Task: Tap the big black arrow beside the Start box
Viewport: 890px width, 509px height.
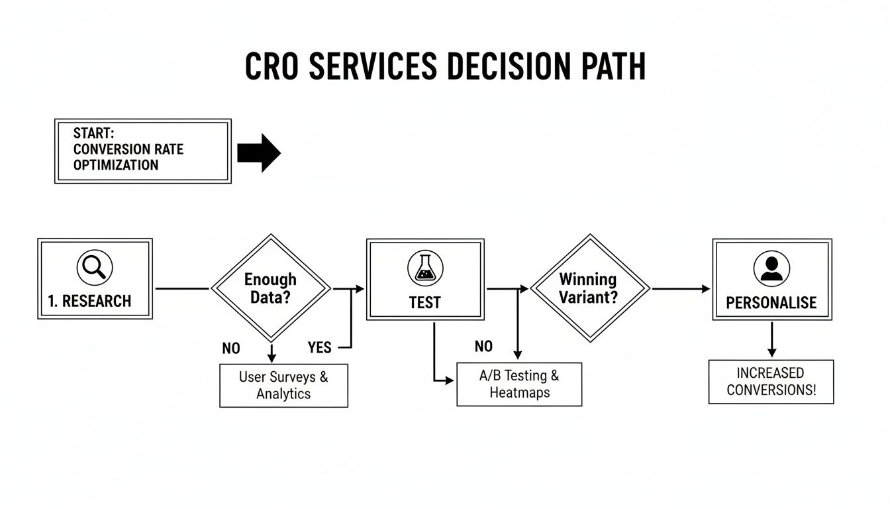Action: point(259,152)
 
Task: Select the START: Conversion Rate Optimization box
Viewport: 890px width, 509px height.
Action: point(142,150)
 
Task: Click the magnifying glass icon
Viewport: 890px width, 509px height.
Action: point(95,268)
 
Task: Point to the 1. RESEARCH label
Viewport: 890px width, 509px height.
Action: point(89,301)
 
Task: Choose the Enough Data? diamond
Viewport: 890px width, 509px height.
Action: point(270,288)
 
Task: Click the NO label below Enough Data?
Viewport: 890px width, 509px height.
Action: point(231,348)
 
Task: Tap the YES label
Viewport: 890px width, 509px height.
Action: point(319,347)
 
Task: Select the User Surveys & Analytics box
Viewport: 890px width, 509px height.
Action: point(283,385)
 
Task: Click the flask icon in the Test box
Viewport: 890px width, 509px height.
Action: point(424,268)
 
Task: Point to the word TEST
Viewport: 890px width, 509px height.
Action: point(424,303)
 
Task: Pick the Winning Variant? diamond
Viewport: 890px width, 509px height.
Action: point(589,288)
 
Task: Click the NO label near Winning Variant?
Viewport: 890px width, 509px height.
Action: point(483,347)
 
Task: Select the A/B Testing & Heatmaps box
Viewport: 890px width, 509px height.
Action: point(519,384)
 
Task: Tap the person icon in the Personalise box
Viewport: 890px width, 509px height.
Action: point(771,268)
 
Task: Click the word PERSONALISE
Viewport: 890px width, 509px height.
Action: point(771,303)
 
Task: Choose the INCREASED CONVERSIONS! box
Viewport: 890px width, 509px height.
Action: point(771,381)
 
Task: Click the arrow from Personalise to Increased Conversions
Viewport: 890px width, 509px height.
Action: point(771,341)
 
